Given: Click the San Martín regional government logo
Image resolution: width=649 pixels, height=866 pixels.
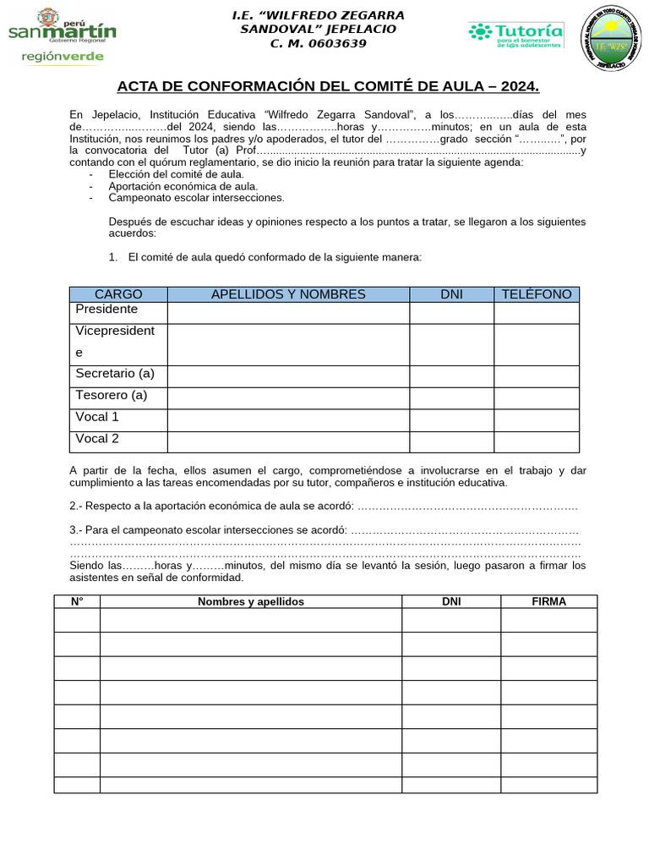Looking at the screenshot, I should point(62,35).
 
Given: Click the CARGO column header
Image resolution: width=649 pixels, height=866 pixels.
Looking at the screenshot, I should point(118,294).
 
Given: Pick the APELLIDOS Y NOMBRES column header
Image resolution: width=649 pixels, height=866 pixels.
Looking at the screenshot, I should point(288,294).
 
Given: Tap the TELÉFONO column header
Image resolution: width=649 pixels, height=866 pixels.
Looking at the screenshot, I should point(537,294).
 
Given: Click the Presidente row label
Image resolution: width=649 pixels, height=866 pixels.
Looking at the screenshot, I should point(106,310).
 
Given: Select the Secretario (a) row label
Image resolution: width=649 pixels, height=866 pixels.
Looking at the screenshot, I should point(115,374).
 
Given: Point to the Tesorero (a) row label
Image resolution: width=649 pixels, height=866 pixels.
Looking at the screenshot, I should point(112,395).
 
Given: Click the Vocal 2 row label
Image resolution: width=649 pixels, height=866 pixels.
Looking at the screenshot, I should point(97,438).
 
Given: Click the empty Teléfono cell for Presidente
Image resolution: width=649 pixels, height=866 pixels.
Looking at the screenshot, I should point(537,313).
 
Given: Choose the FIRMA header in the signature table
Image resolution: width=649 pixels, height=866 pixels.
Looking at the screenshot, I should point(548,601).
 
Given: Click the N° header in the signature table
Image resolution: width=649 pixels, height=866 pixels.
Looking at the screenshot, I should point(77,601).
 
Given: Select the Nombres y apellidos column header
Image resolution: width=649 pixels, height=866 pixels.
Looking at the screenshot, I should point(250,601).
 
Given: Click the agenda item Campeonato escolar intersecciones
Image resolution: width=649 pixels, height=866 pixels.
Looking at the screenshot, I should point(196,198).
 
